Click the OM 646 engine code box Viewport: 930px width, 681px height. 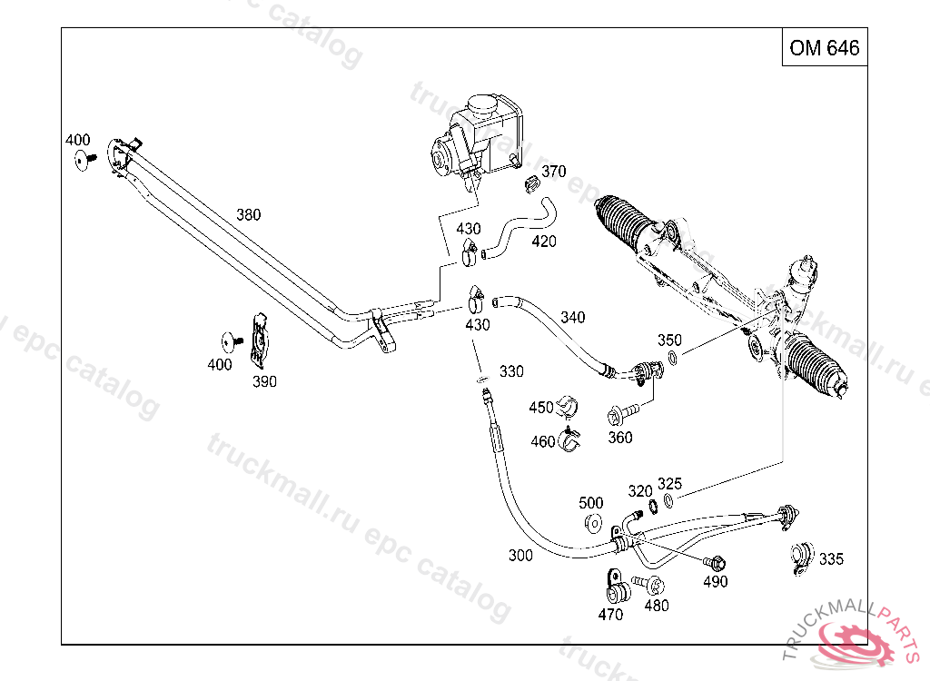[824, 48]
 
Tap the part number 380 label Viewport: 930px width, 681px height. [248, 215]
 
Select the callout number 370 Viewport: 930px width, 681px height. [553, 172]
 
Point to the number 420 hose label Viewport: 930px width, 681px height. [544, 242]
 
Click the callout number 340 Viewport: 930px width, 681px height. [573, 318]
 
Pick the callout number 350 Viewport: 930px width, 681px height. [669, 340]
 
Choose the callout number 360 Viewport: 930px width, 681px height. [620, 438]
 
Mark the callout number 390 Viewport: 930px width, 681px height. [264, 381]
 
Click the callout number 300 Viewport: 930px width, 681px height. [520, 556]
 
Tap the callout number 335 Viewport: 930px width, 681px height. [831, 558]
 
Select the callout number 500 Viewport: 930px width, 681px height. [591, 503]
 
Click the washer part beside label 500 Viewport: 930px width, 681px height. [593, 523]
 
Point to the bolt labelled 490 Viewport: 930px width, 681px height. [714, 562]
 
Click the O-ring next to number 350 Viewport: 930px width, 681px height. [673, 358]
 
